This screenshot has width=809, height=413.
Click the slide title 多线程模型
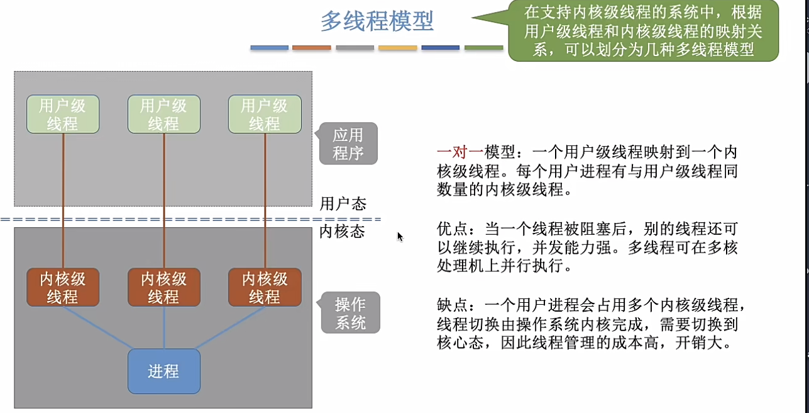377,21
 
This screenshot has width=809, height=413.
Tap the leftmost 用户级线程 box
63,114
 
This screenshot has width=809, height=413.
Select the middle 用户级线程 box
163,114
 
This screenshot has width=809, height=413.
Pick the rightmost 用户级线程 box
265,114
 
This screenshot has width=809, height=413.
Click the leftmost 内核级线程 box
63,287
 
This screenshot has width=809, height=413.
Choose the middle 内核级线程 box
163,287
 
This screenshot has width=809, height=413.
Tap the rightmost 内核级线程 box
265,287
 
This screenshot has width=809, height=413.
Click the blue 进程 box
163,371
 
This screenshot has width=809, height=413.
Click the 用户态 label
343,204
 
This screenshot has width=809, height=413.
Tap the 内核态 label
343,232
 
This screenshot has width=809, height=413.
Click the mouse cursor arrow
400,236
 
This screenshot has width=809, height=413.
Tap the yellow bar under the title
398,48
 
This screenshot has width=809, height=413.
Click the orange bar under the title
312,48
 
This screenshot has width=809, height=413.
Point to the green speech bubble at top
642,30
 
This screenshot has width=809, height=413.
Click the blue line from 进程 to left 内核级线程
97,327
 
